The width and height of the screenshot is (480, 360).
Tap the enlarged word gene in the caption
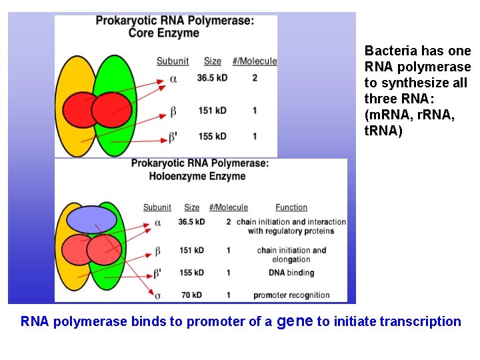[294, 321]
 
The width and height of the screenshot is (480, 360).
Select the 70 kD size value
[191, 295]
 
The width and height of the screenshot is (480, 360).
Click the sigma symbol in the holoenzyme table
[157, 295]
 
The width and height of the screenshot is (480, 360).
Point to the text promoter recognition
[291, 295]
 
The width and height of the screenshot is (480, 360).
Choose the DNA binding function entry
[291, 273]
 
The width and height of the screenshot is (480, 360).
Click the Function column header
[291, 207]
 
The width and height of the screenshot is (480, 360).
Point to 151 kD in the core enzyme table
[212, 110]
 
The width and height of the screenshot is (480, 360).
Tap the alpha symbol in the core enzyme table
[173, 79]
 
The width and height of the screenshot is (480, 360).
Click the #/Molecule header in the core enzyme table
[255, 61]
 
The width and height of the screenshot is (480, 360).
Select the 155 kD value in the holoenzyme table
[191, 273]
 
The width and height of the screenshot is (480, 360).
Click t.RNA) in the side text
[383, 131]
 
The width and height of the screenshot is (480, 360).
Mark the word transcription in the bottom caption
[421, 321]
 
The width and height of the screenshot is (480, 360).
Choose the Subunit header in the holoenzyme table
[157, 207]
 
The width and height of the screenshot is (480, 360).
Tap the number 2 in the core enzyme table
[255, 78]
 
